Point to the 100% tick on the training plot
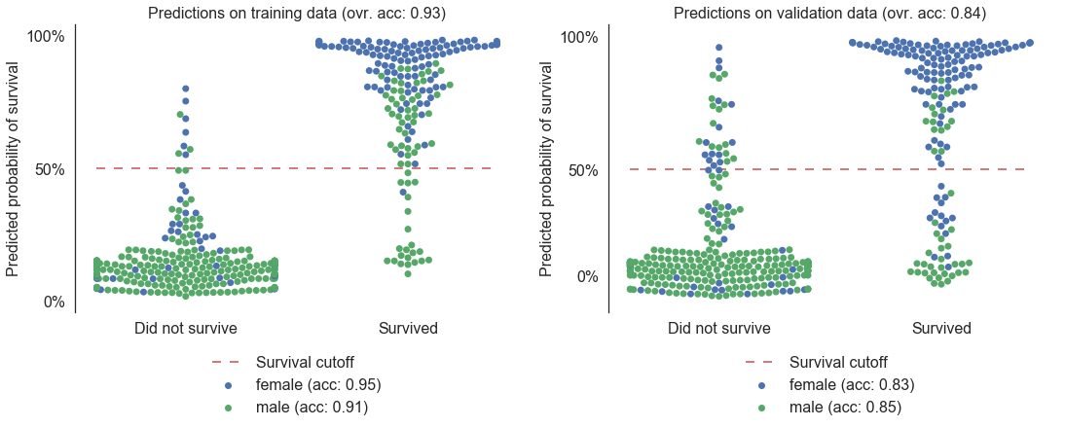46,37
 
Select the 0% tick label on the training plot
54,303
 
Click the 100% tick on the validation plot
579,37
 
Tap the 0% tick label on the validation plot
587,276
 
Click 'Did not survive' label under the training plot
186,328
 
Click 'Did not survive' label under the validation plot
719,328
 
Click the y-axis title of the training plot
14,168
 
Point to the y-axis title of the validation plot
547,168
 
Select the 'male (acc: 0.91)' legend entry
312,408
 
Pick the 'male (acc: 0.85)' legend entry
845,408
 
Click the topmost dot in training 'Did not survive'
186,89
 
